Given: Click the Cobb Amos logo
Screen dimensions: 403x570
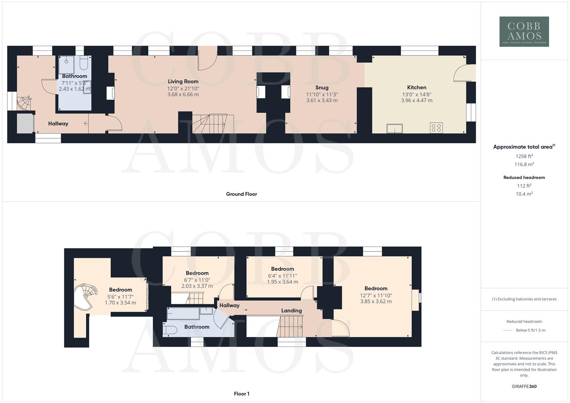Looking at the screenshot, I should coord(524,31).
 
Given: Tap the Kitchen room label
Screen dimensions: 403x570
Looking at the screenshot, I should coord(417,87).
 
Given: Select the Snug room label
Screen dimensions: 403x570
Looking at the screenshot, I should coord(322,88).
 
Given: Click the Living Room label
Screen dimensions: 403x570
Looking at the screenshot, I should coord(183,81).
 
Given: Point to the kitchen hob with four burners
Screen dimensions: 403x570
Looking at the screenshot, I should coord(436,128).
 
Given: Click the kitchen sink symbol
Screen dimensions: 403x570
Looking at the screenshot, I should coord(395,128).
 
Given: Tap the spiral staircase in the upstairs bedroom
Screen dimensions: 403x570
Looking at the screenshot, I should coord(85,297).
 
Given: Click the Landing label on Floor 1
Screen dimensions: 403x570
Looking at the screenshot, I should coord(291,310).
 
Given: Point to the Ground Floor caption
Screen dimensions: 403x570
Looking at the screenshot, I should coord(241,194).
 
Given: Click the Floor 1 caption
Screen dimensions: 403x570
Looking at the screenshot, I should coord(242,394).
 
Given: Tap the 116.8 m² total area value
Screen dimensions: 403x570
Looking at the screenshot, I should coord(524,165).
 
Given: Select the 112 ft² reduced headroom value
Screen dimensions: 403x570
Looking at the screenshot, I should coord(524,186).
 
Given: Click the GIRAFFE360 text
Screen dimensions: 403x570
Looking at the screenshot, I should coord(524,387).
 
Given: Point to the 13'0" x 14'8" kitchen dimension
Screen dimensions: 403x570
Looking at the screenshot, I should coord(417,95).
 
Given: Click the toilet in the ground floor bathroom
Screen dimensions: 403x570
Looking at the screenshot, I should coord(83,63).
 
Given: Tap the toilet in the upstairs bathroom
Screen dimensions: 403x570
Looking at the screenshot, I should coord(171,330).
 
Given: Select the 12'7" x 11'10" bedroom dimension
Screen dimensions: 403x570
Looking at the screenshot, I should coord(376,296).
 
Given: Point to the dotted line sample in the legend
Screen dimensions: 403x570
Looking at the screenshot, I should coord(508,330).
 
